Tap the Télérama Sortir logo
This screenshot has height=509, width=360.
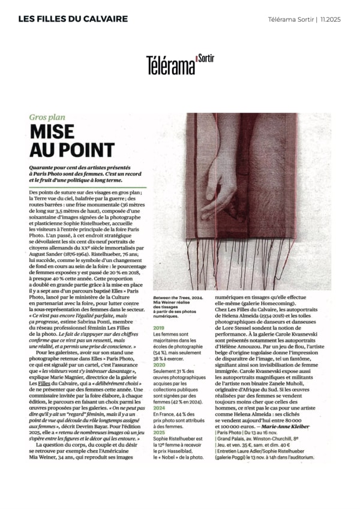pyautogui.click(x=179, y=64)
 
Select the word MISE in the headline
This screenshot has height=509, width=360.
pyautogui.click(x=52, y=132)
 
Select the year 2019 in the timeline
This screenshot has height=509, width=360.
pyautogui.click(x=158, y=328)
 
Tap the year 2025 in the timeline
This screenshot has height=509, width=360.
pyautogui.click(x=158, y=431)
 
